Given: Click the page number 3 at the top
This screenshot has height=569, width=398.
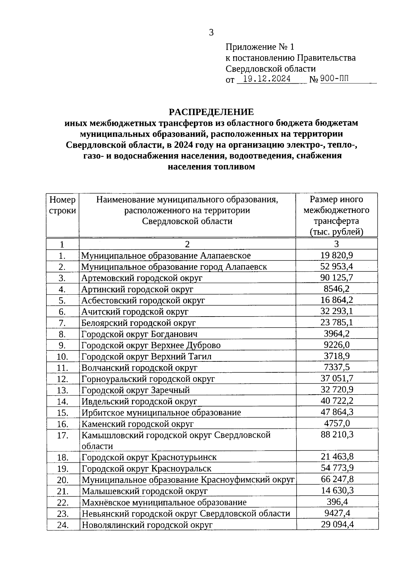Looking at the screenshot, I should coord(211,33).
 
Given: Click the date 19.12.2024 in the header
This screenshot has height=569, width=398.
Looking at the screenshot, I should coord(267,79).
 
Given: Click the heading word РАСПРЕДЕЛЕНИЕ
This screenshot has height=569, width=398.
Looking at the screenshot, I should coord(211,112).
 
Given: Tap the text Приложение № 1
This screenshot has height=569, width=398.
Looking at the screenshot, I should coord(260,47).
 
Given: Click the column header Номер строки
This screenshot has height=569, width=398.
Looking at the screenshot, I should coord(62,205).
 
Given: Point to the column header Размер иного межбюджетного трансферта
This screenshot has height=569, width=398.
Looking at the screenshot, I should coord(336,215).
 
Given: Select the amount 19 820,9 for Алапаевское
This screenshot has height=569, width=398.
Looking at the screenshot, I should coord(336,255).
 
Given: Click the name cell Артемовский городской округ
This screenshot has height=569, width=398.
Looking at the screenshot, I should coord(142,278).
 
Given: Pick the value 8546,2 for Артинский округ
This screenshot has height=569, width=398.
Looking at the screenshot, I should coord(336,289).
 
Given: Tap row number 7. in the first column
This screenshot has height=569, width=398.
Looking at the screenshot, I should coord(62,323).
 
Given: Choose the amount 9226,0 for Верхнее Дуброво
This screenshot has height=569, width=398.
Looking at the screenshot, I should coord(336,345).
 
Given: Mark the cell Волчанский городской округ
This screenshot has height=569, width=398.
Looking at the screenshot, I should coord(139,368).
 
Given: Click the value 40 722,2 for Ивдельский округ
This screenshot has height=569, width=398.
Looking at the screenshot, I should coord(336,401).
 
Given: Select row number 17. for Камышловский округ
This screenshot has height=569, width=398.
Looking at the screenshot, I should coord(62,435).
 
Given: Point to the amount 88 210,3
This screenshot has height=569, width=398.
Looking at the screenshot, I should coord(336,434).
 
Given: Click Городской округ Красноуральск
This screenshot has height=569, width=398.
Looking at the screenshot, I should coord(146,469).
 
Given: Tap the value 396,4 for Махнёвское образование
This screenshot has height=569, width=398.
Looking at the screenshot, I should coord(336,502).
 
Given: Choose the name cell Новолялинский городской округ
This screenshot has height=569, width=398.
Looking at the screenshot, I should coord(147,525).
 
